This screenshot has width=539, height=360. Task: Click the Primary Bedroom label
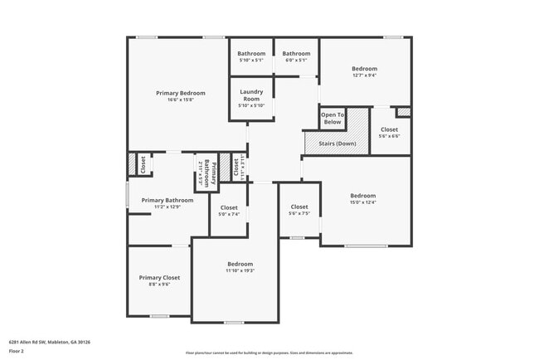pos(180,93)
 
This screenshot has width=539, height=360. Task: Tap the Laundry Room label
pos(251,95)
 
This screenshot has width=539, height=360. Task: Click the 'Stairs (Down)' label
pos(337,144)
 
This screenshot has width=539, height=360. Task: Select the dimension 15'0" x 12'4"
pos(362,202)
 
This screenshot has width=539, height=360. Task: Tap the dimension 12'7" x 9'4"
pos(364,75)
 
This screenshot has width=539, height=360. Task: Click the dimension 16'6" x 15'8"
pos(180,100)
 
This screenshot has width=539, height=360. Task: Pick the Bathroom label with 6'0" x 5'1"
pos(296,53)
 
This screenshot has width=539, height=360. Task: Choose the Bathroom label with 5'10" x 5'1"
pos(251,53)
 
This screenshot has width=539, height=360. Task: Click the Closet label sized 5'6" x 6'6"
pos(389,129)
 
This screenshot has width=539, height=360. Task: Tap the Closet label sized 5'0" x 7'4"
pos(229,207)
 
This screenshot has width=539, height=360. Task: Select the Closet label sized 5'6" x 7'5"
pos(299,207)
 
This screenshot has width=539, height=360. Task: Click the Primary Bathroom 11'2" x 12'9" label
pos(167,200)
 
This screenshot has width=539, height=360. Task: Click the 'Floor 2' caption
pos(17,351)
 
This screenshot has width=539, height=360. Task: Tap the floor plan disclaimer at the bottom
pos(269,353)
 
